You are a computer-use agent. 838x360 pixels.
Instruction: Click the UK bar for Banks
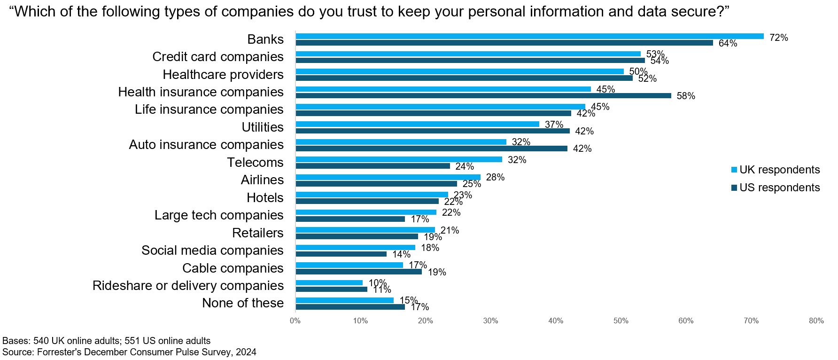[529, 36]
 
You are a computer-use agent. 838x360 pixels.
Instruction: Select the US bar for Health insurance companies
[483, 96]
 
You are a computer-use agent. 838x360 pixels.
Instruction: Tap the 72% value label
[778, 38]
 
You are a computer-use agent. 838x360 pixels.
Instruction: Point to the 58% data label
[685, 96]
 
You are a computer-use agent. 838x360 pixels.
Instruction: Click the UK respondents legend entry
[776, 170]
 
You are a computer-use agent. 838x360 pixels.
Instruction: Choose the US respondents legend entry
[776, 188]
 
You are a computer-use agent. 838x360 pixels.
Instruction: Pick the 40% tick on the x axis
[556, 321]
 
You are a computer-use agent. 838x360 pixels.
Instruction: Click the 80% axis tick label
[816, 321]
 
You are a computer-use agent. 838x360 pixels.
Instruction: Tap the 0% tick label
[295, 321]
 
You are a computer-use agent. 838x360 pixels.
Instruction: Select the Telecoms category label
[255, 163]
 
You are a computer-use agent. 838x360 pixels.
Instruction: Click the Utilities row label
[263, 127]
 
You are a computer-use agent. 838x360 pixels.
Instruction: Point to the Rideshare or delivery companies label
[188, 286]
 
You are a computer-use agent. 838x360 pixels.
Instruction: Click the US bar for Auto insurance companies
[431, 149]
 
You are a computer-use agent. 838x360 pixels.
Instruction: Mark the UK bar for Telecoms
[399, 159]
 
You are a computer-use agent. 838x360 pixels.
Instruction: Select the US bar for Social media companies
[341, 254]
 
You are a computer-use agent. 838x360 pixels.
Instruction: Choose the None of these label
[242, 303]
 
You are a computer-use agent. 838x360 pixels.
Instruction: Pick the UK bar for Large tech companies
[366, 212]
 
